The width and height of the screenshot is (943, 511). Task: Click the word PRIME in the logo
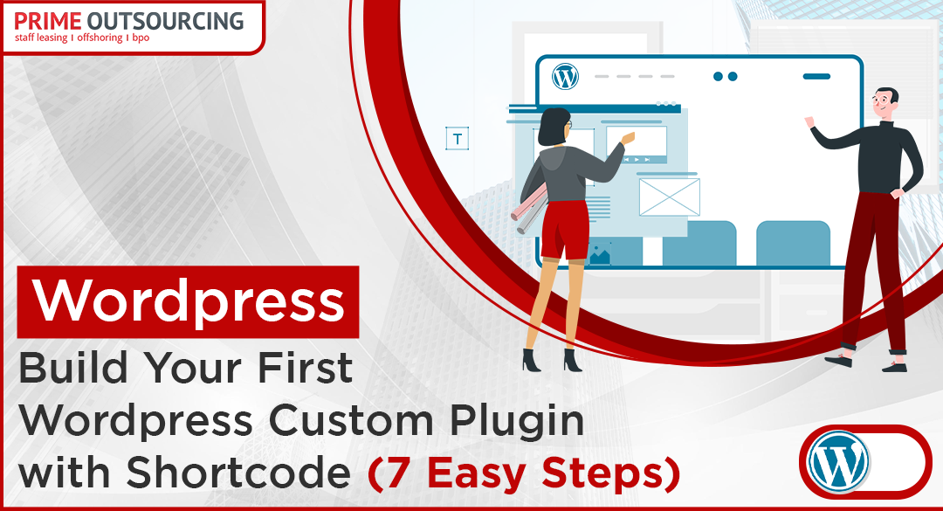(47, 21)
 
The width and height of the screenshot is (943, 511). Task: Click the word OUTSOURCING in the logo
(165, 21)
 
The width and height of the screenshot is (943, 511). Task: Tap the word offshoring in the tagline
(100, 38)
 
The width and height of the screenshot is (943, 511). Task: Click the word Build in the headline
(73, 368)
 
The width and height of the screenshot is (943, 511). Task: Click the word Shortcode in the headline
(238, 473)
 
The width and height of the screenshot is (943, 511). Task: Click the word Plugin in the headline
(517, 421)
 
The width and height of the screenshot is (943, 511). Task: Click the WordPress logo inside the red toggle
(838, 461)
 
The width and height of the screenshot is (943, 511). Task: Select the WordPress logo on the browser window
(565, 77)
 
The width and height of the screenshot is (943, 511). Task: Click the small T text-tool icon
(457, 138)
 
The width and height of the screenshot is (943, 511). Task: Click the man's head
(884, 104)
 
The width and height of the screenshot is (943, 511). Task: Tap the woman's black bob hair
(553, 127)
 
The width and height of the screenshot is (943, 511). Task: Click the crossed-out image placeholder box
(670, 197)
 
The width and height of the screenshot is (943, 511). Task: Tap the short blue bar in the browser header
(816, 77)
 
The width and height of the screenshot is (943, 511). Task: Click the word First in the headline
(305, 368)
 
